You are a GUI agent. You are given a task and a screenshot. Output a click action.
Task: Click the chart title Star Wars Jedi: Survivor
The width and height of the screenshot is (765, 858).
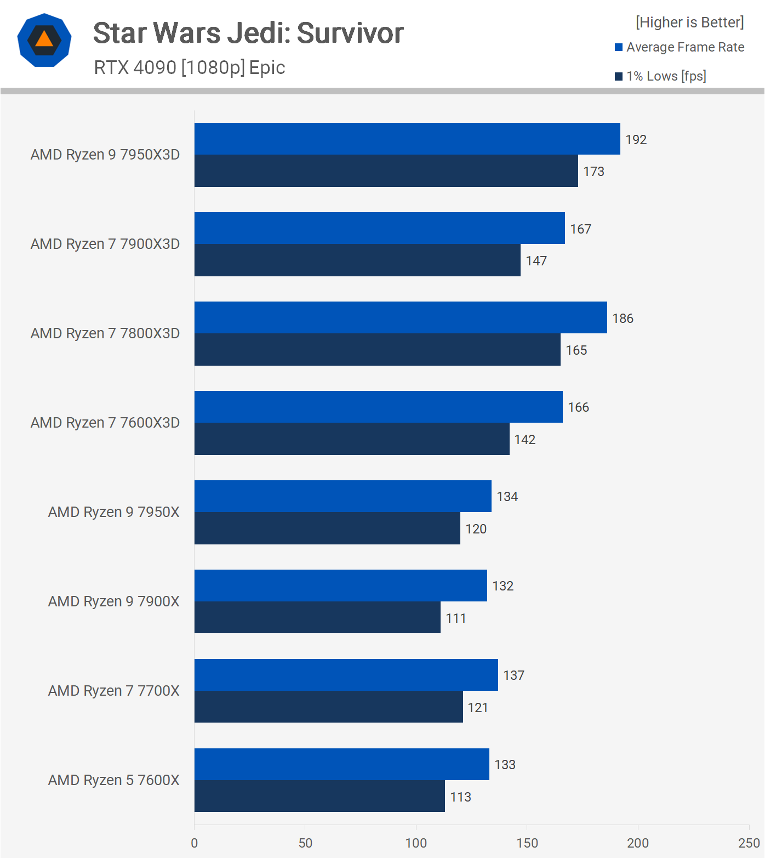(248, 33)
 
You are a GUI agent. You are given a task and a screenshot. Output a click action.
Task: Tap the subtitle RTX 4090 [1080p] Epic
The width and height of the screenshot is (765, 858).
(190, 67)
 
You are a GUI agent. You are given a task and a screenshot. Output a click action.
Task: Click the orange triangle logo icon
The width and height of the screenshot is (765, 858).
(44, 40)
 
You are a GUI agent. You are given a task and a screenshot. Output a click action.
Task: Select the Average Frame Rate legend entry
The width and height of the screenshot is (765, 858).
(680, 47)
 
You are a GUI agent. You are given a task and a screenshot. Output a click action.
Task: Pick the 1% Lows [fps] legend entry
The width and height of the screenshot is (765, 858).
(661, 76)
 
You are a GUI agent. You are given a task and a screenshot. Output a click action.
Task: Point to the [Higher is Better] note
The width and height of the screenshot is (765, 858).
(689, 22)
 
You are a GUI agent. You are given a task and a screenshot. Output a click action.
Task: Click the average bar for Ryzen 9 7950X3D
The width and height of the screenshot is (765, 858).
(407, 139)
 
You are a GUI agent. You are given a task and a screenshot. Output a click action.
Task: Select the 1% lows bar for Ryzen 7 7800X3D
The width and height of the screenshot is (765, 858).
(377, 350)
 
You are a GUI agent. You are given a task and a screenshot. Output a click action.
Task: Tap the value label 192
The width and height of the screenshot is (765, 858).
(636, 140)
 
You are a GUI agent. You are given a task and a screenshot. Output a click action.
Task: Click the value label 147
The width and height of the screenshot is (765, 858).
(536, 261)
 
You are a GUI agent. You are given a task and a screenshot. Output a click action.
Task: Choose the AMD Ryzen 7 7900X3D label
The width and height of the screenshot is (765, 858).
(105, 244)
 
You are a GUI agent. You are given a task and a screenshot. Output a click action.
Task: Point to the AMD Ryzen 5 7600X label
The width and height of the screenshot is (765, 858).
(114, 780)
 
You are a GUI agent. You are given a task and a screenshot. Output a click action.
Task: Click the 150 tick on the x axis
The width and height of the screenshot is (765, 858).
(527, 843)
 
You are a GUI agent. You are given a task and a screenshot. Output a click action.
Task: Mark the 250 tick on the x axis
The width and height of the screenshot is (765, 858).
(749, 843)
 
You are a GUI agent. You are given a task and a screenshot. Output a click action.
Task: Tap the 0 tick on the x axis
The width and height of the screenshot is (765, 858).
(195, 843)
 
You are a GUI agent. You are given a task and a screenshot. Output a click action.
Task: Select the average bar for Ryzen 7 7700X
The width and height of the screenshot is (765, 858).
(346, 675)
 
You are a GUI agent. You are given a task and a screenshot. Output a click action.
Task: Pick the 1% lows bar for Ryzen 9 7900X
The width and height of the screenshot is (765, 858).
(317, 617)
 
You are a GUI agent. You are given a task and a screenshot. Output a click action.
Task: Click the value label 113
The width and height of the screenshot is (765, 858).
(461, 797)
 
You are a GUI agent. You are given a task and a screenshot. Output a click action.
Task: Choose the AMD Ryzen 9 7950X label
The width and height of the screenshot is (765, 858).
(114, 512)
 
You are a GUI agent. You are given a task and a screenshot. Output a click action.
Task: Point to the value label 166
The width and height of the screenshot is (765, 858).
(579, 407)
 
